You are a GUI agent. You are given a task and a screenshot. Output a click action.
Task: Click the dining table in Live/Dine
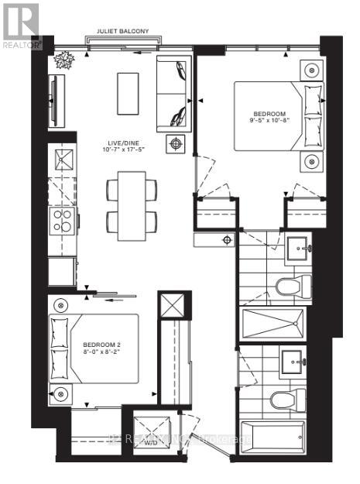pyautogui.click(x=131, y=200)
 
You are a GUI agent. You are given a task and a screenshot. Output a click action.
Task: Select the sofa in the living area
pyautogui.click(x=173, y=94)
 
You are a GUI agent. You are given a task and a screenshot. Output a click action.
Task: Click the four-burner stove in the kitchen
pyautogui.click(x=62, y=219)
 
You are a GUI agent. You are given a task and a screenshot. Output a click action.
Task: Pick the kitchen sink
pyautogui.click(x=62, y=161)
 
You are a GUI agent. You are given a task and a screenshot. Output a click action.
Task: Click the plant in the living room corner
pyautogui.click(x=61, y=60)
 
